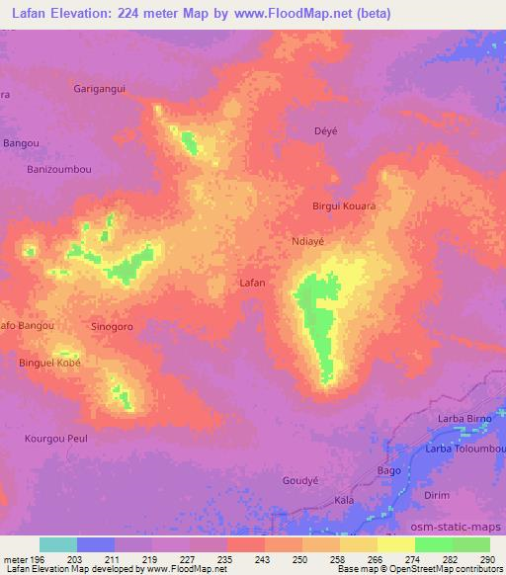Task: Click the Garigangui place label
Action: coord(100,88)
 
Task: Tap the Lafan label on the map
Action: coord(253,283)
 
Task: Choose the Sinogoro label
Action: coord(112,325)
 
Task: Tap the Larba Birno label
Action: coord(464,419)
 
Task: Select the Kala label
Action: coord(344,501)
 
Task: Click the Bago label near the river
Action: coord(389,471)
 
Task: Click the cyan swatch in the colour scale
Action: coord(57,543)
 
